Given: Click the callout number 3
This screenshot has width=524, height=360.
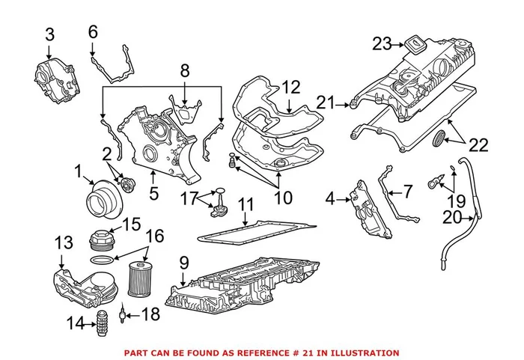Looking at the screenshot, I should [x=49, y=34].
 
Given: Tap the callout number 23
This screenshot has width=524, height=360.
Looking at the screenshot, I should [x=382, y=44].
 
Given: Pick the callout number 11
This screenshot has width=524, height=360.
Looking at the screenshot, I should [x=246, y=204].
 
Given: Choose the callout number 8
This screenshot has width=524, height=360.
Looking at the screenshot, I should [x=184, y=72].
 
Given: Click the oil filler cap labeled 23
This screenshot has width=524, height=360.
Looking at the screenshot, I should [x=413, y=44].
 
